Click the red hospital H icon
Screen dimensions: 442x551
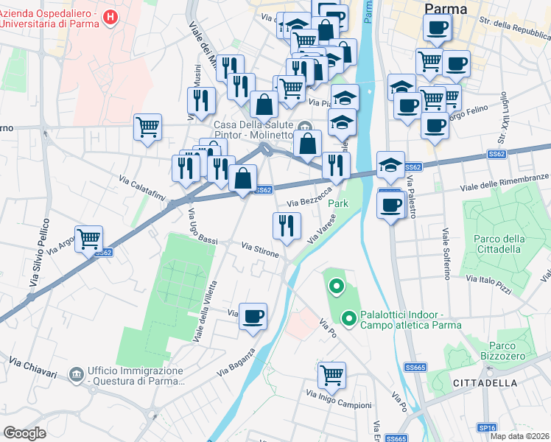[110, 17]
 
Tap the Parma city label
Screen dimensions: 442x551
[446, 9]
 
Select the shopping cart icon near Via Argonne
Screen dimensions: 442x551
[88, 238]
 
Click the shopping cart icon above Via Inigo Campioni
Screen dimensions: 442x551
[331, 374]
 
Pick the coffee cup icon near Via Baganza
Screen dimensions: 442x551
[253, 317]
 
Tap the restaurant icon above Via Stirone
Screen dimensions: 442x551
[286, 225]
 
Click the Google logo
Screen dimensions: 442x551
[24, 433]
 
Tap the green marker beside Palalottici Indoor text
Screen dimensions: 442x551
[349, 319]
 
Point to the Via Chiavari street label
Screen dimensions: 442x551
[33, 366]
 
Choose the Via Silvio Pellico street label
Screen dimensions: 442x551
[40, 252]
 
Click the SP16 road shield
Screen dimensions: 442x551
[487, 427]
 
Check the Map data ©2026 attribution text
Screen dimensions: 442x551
[519, 436]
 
